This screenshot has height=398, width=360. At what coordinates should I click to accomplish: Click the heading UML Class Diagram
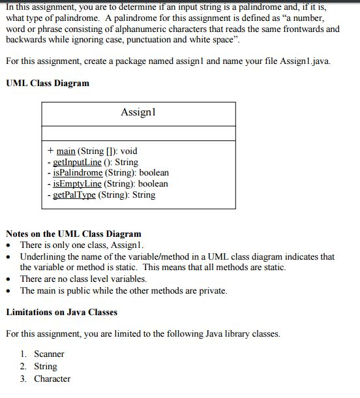point(48,84)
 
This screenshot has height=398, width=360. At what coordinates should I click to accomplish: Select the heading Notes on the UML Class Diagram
point(74,234)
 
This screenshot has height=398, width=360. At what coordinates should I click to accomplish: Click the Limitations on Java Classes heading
point(61,312)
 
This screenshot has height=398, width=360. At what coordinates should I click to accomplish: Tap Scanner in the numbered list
point(49,354)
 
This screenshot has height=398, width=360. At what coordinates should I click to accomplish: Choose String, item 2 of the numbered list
point(45,366)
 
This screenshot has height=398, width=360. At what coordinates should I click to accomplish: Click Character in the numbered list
point(52,378)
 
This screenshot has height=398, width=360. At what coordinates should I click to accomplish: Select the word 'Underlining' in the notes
point(43,256)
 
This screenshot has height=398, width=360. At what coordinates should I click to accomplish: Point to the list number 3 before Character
point(23,378)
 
